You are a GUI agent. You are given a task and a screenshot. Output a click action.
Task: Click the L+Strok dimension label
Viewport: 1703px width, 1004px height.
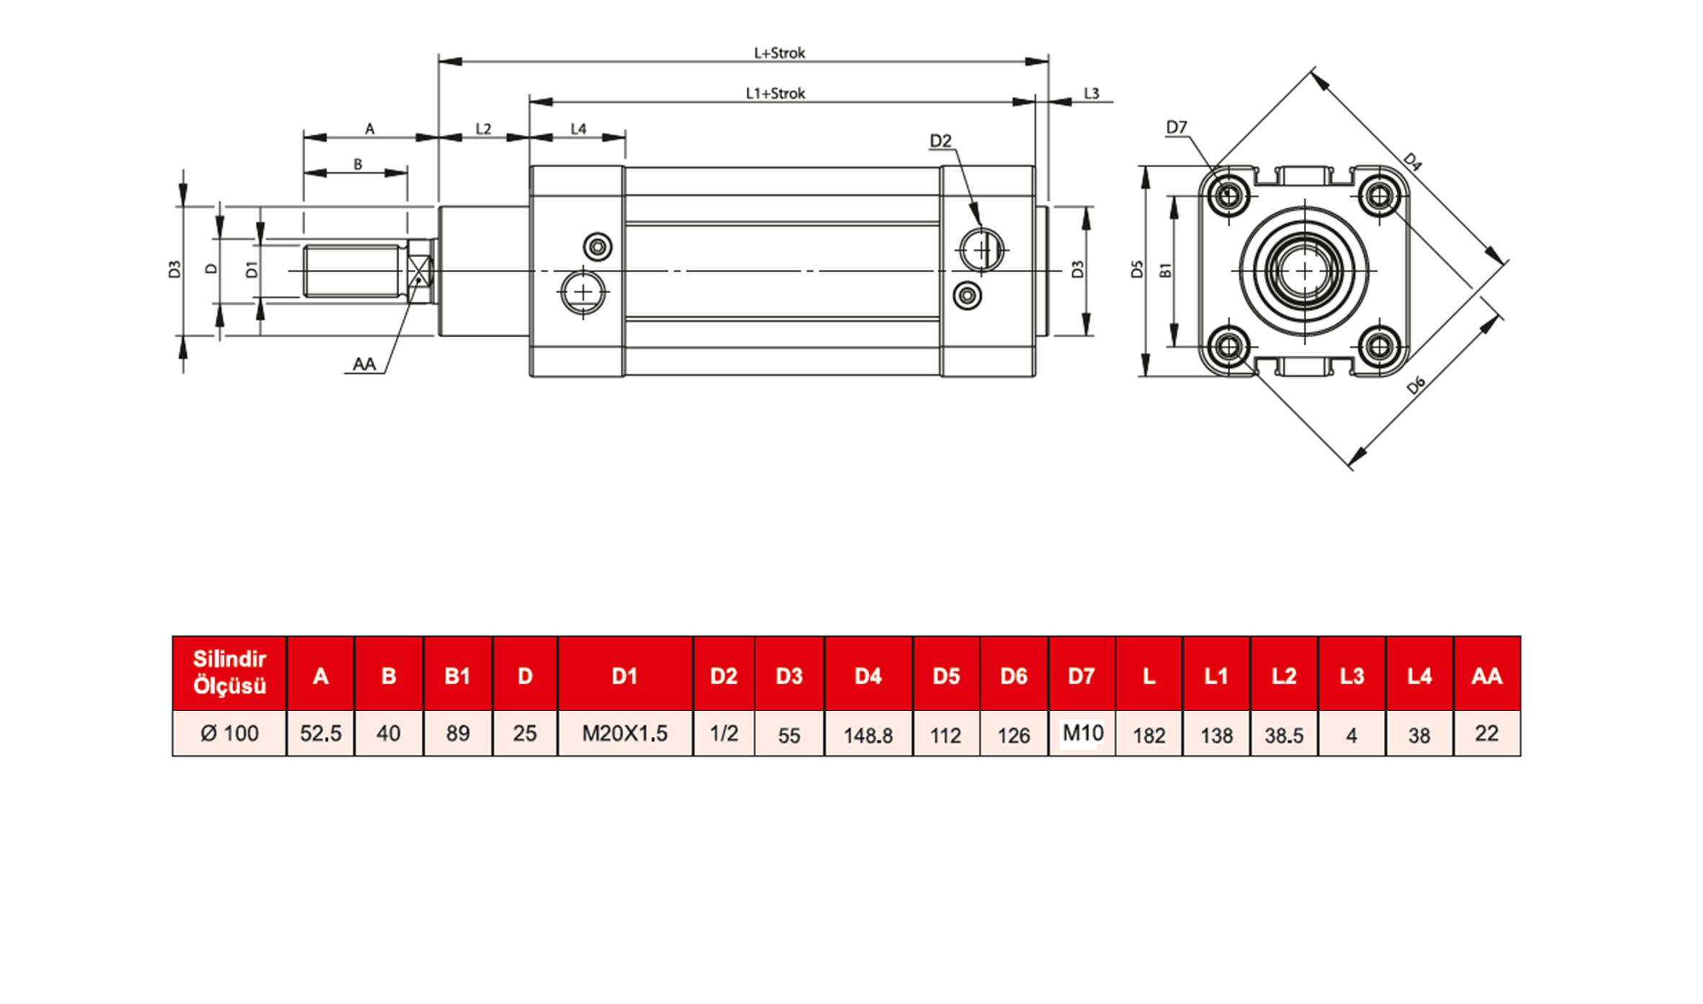[779, 53]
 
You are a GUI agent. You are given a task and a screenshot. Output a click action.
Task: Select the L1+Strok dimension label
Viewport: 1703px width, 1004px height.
[775, 93]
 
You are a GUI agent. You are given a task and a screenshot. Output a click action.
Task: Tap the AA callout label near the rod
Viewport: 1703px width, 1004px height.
[364, 364]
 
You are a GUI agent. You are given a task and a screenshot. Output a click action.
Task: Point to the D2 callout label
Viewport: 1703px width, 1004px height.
[940, 140]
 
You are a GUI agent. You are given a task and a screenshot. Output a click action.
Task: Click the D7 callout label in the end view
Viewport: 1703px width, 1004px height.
[1176, 127]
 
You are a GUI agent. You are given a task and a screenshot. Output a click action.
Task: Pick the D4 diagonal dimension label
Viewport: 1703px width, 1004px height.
[1412, 162]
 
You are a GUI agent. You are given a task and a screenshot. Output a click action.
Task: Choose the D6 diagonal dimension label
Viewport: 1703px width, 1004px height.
[1416, 385]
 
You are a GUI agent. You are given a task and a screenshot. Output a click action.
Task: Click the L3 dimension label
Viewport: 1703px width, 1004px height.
[1091, 94]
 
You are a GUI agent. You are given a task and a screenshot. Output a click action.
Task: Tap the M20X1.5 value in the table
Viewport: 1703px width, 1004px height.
[624, 733]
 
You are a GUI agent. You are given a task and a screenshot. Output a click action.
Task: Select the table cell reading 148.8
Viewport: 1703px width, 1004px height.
[868, 735]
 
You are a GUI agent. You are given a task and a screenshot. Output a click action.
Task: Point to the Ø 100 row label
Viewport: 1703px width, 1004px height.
[229, 733]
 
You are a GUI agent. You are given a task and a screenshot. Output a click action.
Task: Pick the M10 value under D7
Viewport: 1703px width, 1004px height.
[1082, 732]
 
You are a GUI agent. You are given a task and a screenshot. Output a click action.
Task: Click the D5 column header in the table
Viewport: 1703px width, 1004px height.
[945, 676]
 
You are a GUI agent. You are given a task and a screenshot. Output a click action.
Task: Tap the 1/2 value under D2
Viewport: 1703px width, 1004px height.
[724, 733]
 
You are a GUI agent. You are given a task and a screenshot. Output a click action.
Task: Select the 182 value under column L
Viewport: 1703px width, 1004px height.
[1149, 735]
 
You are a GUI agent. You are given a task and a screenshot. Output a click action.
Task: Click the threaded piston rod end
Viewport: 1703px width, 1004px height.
[353, 271]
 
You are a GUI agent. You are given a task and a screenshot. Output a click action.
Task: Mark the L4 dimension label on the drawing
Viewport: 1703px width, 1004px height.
[578, 129]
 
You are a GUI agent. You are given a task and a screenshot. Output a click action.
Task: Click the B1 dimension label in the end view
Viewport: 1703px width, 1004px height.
[1165, 270]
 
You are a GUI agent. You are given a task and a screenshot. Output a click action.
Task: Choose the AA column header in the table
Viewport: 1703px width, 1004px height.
[1487, 676]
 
